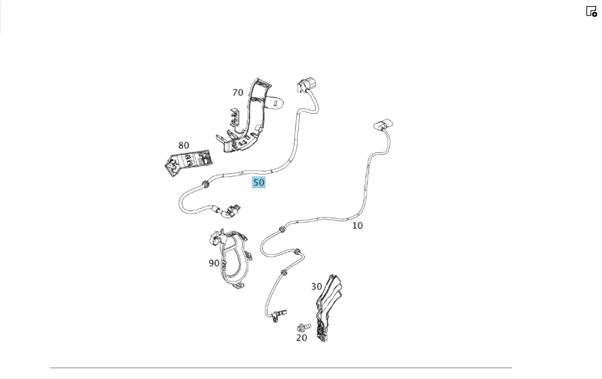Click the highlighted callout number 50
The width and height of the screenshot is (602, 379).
pos(258,183)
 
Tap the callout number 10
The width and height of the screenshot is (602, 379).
pos(357,226)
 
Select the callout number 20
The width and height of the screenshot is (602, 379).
pos(302,338)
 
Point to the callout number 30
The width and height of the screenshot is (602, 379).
pos(317,287)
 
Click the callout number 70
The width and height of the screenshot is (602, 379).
pos(238,93)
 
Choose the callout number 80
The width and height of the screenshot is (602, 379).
pos(184,146)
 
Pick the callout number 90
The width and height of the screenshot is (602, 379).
pos(214,263)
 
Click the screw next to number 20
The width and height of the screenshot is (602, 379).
pos(303,328)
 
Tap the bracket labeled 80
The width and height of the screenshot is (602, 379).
pos(188,162)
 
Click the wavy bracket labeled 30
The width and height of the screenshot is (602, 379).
pos(328,307)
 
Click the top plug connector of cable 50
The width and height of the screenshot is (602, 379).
pos(307,84)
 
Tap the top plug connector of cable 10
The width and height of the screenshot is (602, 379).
pos(383,125)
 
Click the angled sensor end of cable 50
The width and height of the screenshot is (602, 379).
pos(229,211)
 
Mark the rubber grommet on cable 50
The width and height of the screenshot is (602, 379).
pos(205,185)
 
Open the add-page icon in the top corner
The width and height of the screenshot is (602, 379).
pos(591,11)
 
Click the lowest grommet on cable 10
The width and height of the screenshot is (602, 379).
pos(284,272)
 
